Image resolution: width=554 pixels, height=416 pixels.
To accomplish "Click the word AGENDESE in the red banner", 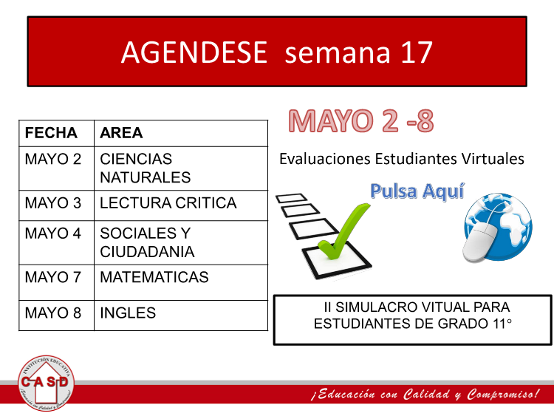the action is coord(194,52).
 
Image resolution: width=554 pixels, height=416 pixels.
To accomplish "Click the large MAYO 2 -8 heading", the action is coord(361,121).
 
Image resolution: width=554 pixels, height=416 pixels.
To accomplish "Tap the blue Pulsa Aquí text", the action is coord(417,191).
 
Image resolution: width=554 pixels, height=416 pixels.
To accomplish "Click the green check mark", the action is coord(343,231).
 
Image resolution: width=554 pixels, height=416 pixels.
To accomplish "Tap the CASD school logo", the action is coord(46,383).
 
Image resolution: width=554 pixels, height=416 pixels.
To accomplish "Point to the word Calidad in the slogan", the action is coord(426,394).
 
